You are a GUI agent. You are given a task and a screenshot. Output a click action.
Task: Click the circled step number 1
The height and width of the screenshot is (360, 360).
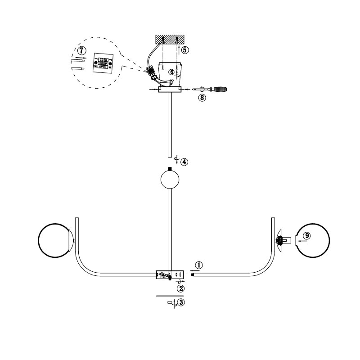coord(199,265)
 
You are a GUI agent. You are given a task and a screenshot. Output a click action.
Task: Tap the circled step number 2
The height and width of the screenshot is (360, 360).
coord(181,288)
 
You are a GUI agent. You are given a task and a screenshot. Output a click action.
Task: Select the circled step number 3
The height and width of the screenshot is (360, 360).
coord(181,302)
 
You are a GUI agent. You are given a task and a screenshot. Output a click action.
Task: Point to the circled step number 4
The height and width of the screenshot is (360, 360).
coord(184,162)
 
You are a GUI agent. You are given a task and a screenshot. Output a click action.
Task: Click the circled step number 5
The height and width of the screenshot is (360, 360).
coord(185,50)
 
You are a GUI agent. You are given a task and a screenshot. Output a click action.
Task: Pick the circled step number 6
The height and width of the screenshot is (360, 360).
coord(171,72)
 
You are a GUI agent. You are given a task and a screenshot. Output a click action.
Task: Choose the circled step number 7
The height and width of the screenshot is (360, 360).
coord(82,50)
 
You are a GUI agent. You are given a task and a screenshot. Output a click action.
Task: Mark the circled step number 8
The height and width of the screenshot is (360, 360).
coord(202,98)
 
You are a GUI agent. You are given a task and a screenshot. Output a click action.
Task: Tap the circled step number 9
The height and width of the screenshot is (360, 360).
coord(307,235)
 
